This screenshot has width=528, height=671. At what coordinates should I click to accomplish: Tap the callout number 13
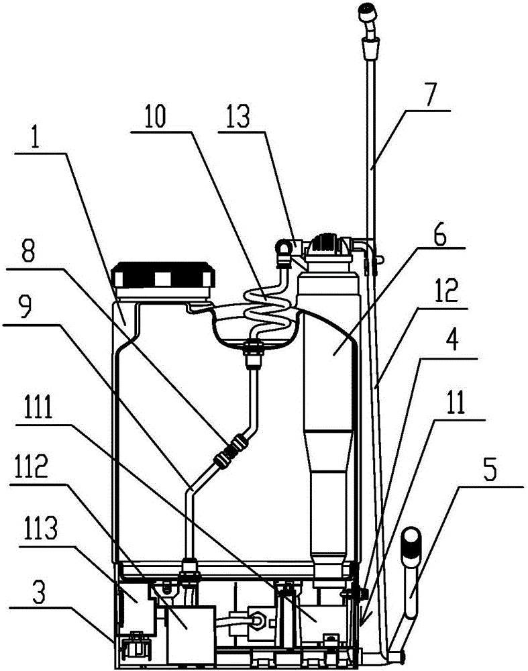tap(238, 115)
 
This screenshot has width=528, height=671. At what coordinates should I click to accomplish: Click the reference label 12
tap(447, 291)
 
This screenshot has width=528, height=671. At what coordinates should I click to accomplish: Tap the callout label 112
tap(35, 467)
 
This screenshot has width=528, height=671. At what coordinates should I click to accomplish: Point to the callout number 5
tap(490, 469)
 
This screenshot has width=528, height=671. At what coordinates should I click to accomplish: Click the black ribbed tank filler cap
tap(162, 274)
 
